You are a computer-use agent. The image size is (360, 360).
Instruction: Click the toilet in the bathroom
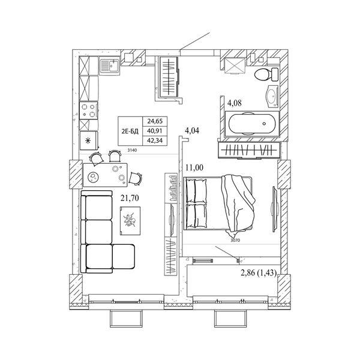pyautogui.click(x=266, y=74)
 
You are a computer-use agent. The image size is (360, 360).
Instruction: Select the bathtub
pyautogui.click(x=252, y=124)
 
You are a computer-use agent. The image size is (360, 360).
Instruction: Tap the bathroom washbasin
pyautogui.click(x=272, y=97)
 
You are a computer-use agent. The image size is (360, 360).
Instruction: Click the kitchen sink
pyautogui.click(x=109, y=65)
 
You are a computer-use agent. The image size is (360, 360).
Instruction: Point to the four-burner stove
pyautogui.click(x=89, y=110)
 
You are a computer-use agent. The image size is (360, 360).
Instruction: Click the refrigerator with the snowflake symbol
pyautogui.click(x=89, y=140)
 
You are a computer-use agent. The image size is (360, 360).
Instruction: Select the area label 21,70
pyautogui.click(x=130, y=197)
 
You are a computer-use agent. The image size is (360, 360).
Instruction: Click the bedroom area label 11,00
pyautogui.click(x=194, y=167)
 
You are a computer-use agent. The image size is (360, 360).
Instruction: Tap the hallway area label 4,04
pyautogui.click(x=192, y=131)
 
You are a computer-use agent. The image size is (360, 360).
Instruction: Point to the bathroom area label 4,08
pyautogui.click(x=235, y=103)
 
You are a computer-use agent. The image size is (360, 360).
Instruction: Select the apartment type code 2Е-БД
pyautogui.click(x=130, y=131)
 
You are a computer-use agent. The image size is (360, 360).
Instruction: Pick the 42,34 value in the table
pyautogui.click(x=155, y=140)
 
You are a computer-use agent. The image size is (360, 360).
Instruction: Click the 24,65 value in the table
pyautogui.click(x=155, y=121)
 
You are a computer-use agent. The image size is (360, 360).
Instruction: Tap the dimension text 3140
pyautogui.click(x=132, y=151)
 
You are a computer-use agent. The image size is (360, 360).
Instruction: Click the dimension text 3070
pyautogui.click(x=235, y=241)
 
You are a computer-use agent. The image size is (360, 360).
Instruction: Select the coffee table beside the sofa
pyautogui.click(x=130, y=221)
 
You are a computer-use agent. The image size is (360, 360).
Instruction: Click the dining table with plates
pyautogui.click(x=105, y=175)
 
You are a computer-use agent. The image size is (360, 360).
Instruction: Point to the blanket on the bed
pyautogui.click(x=238, y=205)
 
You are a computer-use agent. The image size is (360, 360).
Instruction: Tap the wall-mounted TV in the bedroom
pyautogui.click(x=275, y=209)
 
